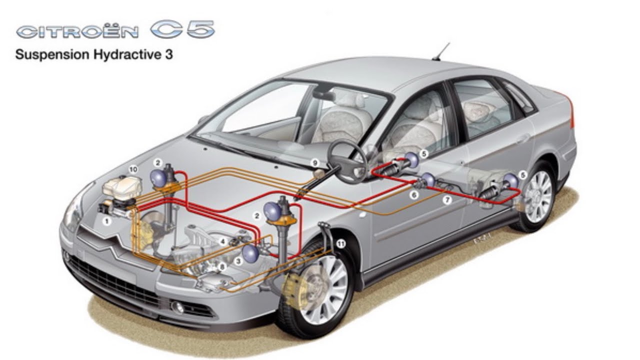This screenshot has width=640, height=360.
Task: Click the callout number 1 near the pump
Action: point(107,221)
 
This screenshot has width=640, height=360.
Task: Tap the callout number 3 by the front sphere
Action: point(238,261)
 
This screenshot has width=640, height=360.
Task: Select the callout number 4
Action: point(223,241)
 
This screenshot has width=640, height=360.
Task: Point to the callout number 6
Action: point(413,195)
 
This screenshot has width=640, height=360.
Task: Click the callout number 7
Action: point(447,199)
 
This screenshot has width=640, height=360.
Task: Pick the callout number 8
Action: point(222,267)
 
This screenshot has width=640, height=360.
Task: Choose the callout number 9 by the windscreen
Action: point(315,163)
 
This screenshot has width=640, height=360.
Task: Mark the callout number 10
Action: point(133,169)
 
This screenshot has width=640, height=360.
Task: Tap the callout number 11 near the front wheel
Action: point(341,243)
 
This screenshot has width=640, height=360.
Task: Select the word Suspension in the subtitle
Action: point(52,54)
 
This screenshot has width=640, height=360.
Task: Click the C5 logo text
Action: point(183,29)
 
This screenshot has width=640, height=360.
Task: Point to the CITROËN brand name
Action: point(77,31)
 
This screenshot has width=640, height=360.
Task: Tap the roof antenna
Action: point(441,51)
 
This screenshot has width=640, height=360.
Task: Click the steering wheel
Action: point(347,162)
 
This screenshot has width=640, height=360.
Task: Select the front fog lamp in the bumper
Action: point(177,307)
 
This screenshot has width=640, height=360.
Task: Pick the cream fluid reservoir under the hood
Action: point(122,187)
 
